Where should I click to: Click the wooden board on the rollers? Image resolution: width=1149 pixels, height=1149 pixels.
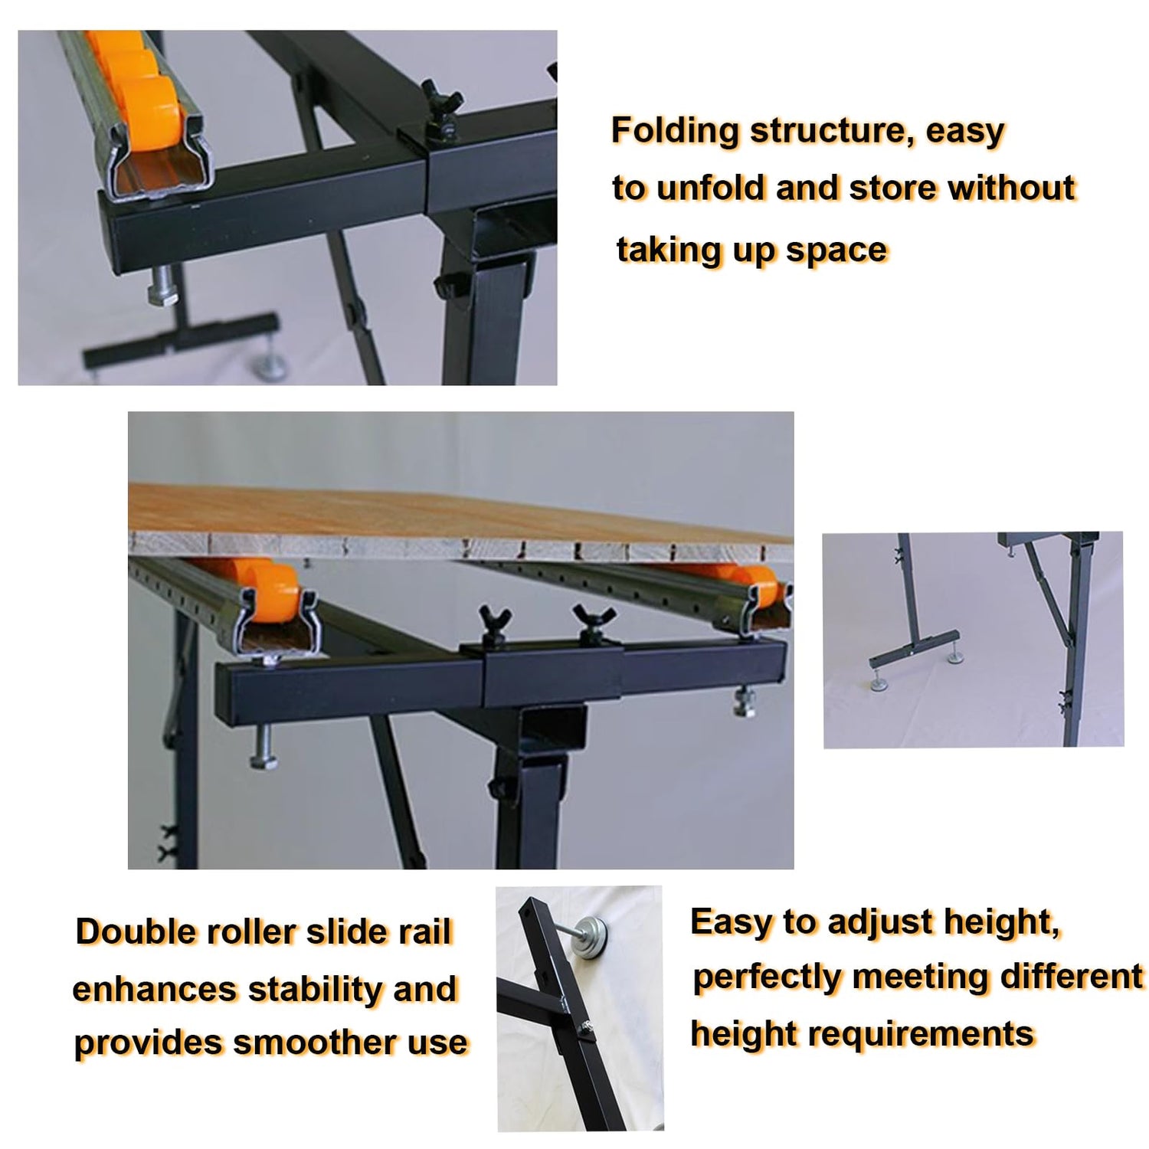coord(460,521)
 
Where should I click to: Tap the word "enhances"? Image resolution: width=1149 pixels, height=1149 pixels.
coord(153,990)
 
